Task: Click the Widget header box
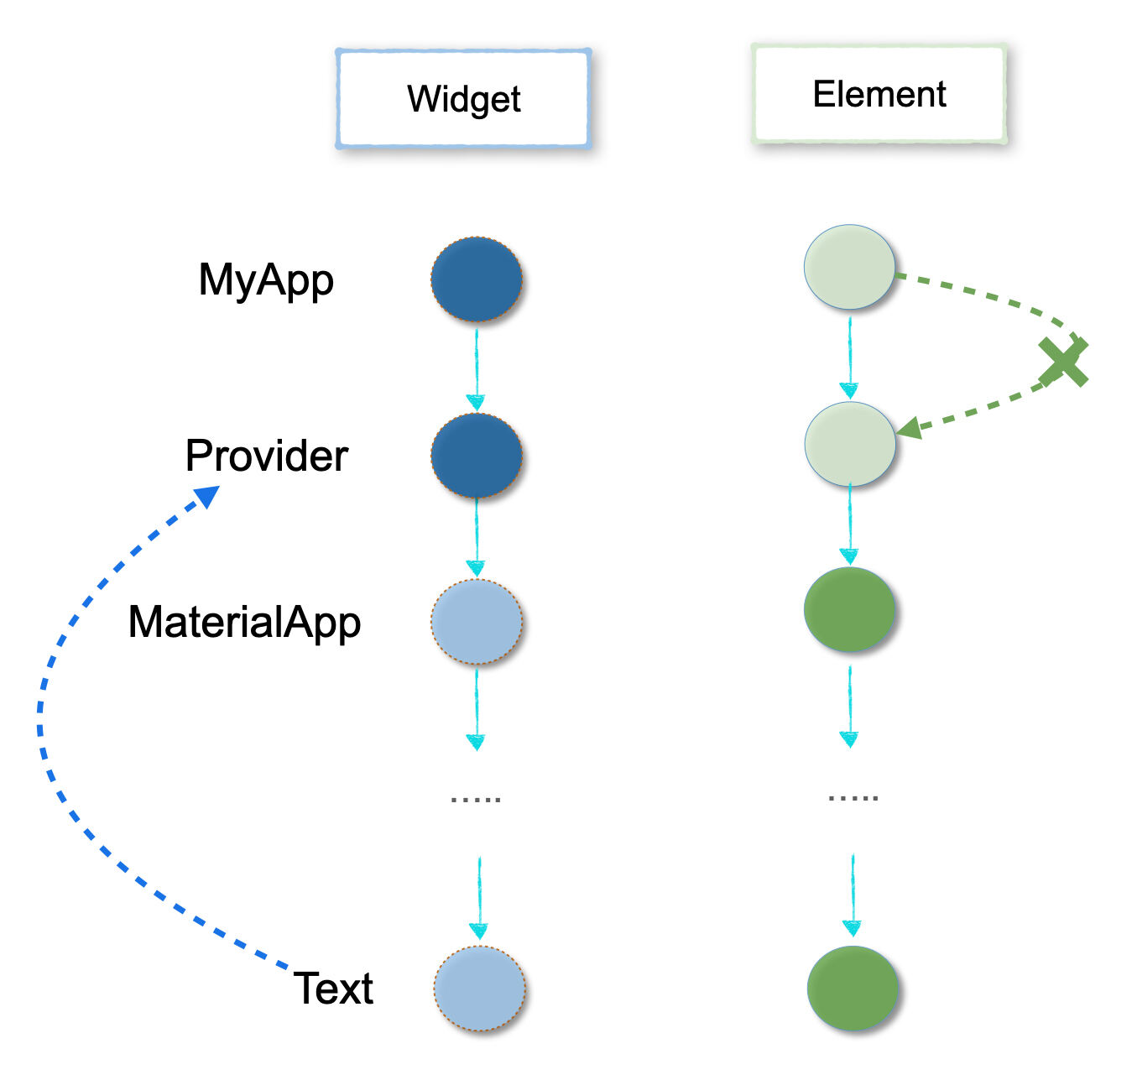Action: [463, 99]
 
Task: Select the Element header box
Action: [879, 94]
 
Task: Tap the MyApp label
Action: [266, 279]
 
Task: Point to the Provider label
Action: [266, 456]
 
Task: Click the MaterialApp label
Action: [244, 622]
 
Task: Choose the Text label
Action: [333, 988]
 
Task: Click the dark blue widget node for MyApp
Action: [477, 279]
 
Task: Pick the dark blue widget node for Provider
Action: [477, 456]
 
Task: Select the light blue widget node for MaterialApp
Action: [477, 622]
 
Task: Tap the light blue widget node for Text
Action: [480, 988]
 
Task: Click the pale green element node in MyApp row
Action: [849, 267]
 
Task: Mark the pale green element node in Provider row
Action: [849, 444]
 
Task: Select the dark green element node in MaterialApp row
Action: [849, 609]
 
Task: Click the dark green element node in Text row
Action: [853, 988]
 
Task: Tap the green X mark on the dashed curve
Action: [1063, 362]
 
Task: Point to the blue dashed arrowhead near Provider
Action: [206, 497]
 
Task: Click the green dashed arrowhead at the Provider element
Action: [910, 429]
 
